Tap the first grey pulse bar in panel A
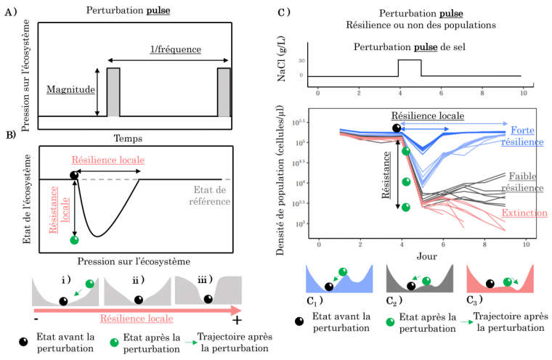pyautogui.click(x=113, y=91)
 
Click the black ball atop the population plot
pyautogui.click(x=397, y=128)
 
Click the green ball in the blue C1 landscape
pyautogui.click(x=343, y=272)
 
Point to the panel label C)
pyautogui.click(x=284, y=12)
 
